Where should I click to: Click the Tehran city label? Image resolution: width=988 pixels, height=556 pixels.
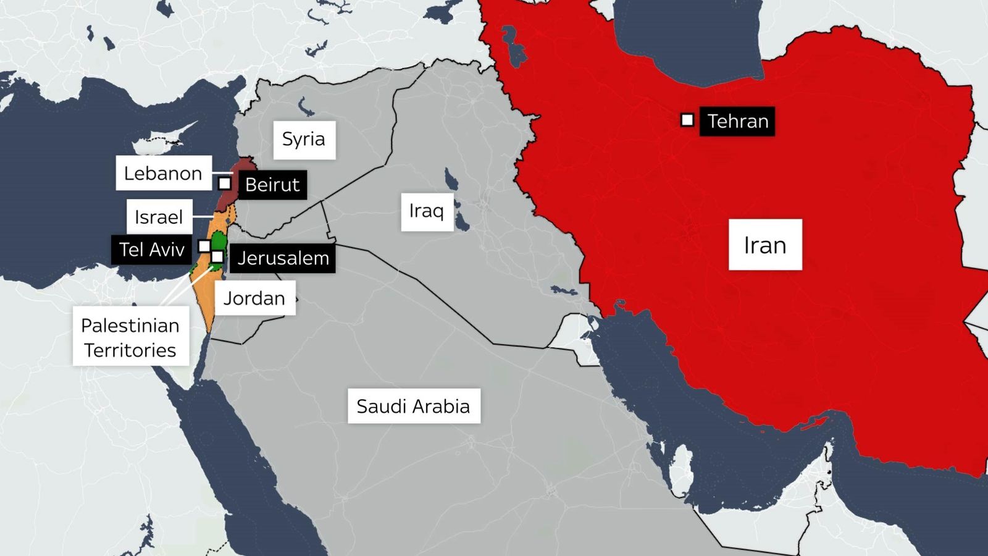737,121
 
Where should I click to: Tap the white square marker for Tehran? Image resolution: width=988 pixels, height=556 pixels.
687,120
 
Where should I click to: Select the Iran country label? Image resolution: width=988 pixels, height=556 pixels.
765,245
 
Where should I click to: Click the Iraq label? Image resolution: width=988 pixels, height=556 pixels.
427,211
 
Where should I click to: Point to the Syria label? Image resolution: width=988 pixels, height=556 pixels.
304,139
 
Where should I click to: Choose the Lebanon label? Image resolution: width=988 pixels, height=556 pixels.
163,174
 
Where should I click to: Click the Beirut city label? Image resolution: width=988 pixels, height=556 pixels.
272,185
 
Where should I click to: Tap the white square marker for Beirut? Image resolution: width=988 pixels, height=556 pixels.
225,183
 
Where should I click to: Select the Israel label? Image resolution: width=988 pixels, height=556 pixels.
159,217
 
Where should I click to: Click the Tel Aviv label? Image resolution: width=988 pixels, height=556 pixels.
151,250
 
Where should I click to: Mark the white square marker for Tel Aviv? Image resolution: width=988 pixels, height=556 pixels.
204,246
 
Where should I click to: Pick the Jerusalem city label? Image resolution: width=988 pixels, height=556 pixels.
283,258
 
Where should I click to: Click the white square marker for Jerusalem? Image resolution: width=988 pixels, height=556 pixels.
217,256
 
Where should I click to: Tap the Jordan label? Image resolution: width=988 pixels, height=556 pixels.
254,298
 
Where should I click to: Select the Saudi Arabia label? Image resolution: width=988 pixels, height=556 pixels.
414,406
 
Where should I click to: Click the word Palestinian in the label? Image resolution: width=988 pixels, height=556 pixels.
130,326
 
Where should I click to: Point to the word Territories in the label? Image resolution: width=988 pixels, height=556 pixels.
130,350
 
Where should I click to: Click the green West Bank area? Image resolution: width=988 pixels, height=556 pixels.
220,242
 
